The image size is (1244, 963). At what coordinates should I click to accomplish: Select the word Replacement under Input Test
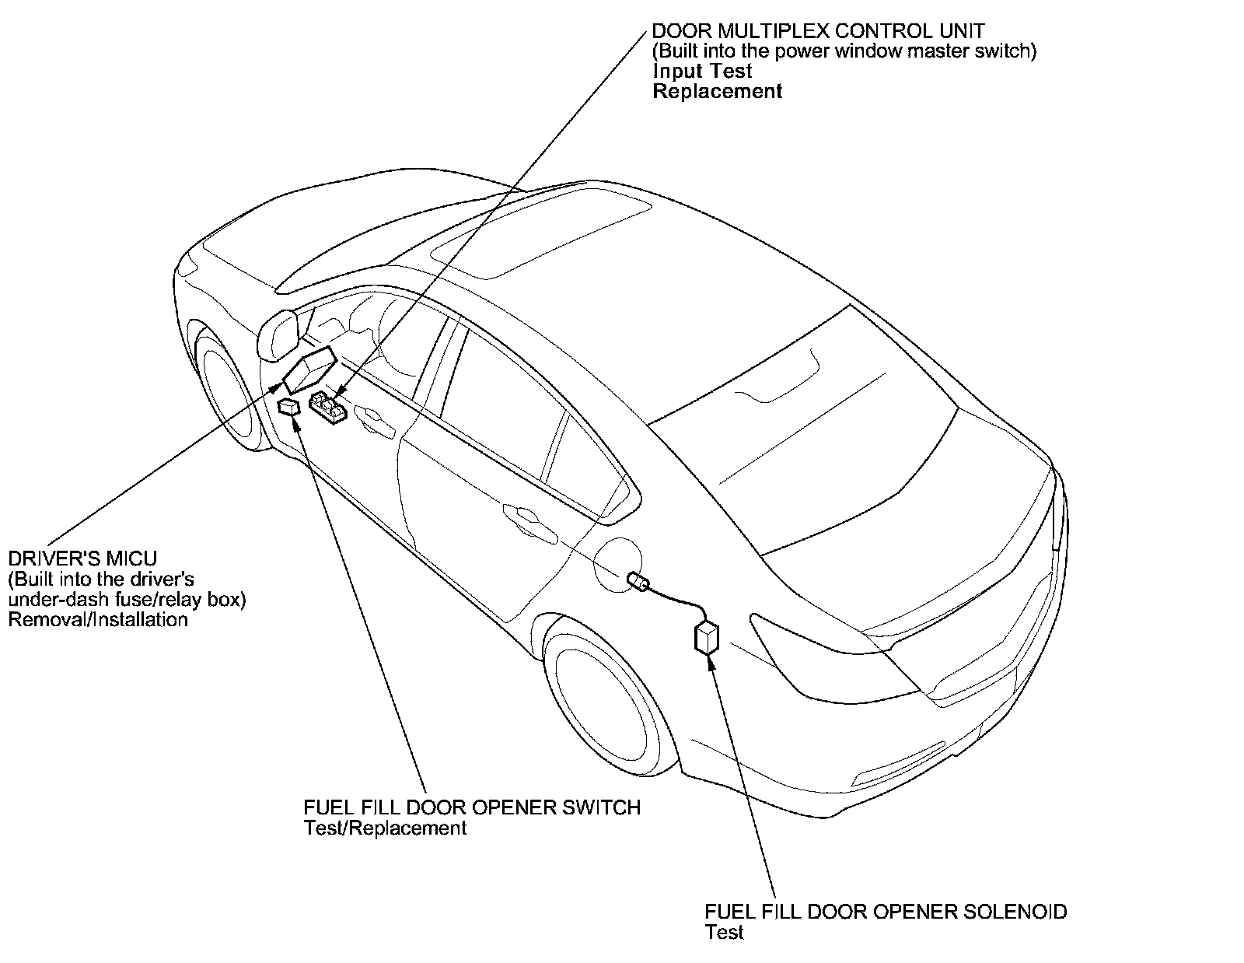coord(717,91)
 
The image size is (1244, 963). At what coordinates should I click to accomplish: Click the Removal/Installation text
coord(98,620)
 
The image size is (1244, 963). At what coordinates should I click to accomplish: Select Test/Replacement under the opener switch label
coord(386,828)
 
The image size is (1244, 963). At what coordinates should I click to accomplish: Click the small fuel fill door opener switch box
coord(289,407)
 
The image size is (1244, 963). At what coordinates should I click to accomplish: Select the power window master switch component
coord(328,408)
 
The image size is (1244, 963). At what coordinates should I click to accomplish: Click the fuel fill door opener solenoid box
coord(707,638)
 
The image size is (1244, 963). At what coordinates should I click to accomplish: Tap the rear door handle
coord(522,517)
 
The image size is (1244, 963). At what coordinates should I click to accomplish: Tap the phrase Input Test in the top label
coord(702,71)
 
